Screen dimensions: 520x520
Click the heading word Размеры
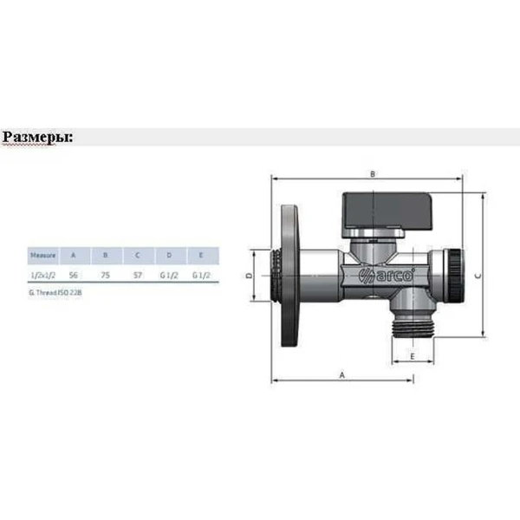click(36, 138)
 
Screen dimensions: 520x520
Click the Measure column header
click(43, 256)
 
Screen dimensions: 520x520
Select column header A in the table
click(74, 256)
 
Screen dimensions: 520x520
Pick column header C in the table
click(136, 256)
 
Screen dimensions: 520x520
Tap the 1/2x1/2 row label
click(42, 275)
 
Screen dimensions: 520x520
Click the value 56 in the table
click(74, 275)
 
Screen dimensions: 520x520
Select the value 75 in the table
click(105, 275)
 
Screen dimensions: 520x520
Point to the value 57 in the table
click(136, 275)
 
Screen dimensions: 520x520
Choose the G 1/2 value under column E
click(200, 275)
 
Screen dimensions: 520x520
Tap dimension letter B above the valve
click(372, 174)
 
